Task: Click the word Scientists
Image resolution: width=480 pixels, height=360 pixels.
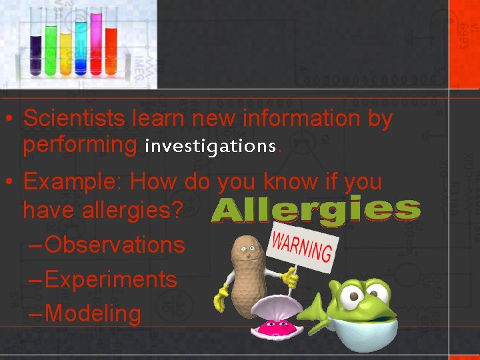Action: (74, 119)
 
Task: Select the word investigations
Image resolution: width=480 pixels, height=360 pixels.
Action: (209, 145)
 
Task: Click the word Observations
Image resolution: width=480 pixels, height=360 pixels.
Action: (114, 245)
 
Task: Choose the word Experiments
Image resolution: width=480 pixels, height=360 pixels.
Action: (111, 279)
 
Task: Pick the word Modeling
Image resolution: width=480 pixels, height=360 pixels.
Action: (93, 313)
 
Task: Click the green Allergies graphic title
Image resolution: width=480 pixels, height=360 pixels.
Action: (316, 211)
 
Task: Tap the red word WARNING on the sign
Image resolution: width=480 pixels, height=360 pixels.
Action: (302, 245)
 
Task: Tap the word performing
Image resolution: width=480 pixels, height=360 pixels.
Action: (79, 145)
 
